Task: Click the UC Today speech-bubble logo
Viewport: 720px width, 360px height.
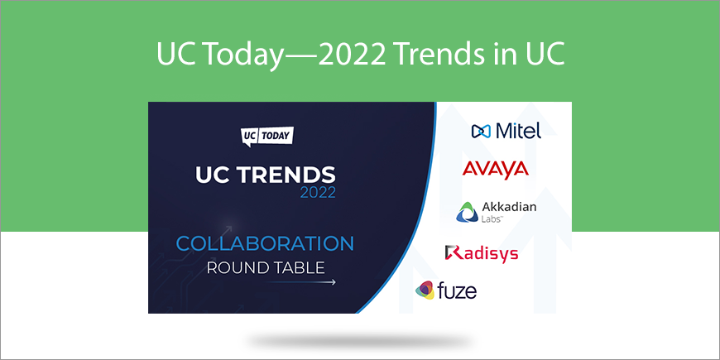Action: tap(267, 137)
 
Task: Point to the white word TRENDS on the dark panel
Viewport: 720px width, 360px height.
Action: tap(286, 175)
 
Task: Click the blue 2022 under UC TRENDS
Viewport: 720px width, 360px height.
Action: tap(318, 192)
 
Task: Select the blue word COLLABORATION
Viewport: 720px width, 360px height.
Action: tap(265, 243)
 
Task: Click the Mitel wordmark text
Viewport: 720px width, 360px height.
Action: tap(518, 131)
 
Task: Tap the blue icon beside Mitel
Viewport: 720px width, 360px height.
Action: tap(481, 132)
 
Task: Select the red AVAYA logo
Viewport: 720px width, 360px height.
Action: tap(495, 169)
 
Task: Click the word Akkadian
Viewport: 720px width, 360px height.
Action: tap(509, 207)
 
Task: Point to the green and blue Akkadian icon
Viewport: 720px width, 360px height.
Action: tap(467, 212)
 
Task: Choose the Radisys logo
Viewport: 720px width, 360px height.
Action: tap(481, 253)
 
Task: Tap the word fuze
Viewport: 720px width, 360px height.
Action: tap(458, 290)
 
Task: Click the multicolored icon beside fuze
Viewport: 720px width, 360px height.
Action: tap(425, 290)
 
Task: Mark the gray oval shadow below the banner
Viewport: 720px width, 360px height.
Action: tap(360, 342)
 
